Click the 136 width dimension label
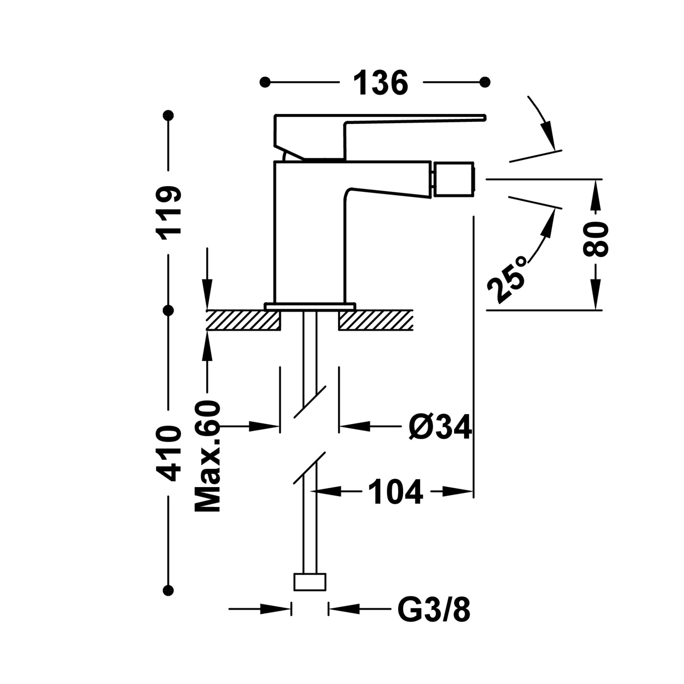click(381, 83)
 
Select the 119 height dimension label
click(170, 210)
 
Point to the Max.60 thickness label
click(208, 457)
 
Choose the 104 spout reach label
click(395, 492)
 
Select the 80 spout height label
click(596, 240)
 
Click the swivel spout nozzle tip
click(454, 180)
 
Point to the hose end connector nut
click(310, 582)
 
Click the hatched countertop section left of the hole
click(243, 320)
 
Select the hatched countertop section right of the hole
click(376, 320)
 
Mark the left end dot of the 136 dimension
click(264, 82)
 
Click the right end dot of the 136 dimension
click(485, 82)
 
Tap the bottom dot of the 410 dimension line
click(169, 591)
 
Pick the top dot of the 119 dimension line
click(169, 115)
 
